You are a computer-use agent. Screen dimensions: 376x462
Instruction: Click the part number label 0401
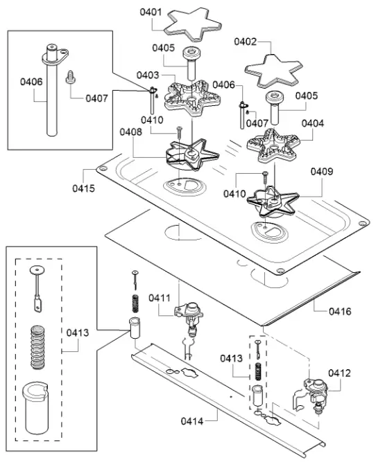151,12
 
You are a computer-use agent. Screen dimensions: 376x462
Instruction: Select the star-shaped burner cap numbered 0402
273,71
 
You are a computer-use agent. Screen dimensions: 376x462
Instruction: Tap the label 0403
148,75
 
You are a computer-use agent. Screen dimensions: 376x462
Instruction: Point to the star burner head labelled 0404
273,146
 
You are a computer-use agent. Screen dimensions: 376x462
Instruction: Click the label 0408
130,132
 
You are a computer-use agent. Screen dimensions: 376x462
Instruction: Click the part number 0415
83,188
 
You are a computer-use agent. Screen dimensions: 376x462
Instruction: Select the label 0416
340,311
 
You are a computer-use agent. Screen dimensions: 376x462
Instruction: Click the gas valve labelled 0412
315,394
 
